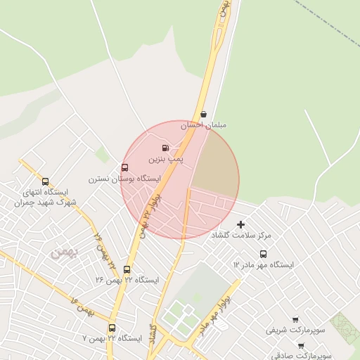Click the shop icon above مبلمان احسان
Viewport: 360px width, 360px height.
coord(203,113)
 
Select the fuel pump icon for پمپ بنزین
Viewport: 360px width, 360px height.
coord(165,148)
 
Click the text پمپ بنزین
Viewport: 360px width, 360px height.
coord(165,160)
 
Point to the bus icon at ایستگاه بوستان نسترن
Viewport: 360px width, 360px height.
coord(125,167)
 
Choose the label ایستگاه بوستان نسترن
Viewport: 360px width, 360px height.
coord(119,179)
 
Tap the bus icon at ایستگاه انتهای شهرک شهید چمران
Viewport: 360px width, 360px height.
coord(46,181)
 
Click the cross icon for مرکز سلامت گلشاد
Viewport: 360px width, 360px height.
coord(241,224)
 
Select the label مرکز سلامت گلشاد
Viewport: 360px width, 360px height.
coord(241,236)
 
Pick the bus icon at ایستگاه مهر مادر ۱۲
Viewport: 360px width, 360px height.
coord(263,254)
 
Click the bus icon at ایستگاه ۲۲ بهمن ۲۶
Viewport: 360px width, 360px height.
coord(127,269)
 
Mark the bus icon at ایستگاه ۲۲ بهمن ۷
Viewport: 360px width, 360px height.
coord(112,328)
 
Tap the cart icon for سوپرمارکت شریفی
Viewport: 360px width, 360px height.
coord(295,319)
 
